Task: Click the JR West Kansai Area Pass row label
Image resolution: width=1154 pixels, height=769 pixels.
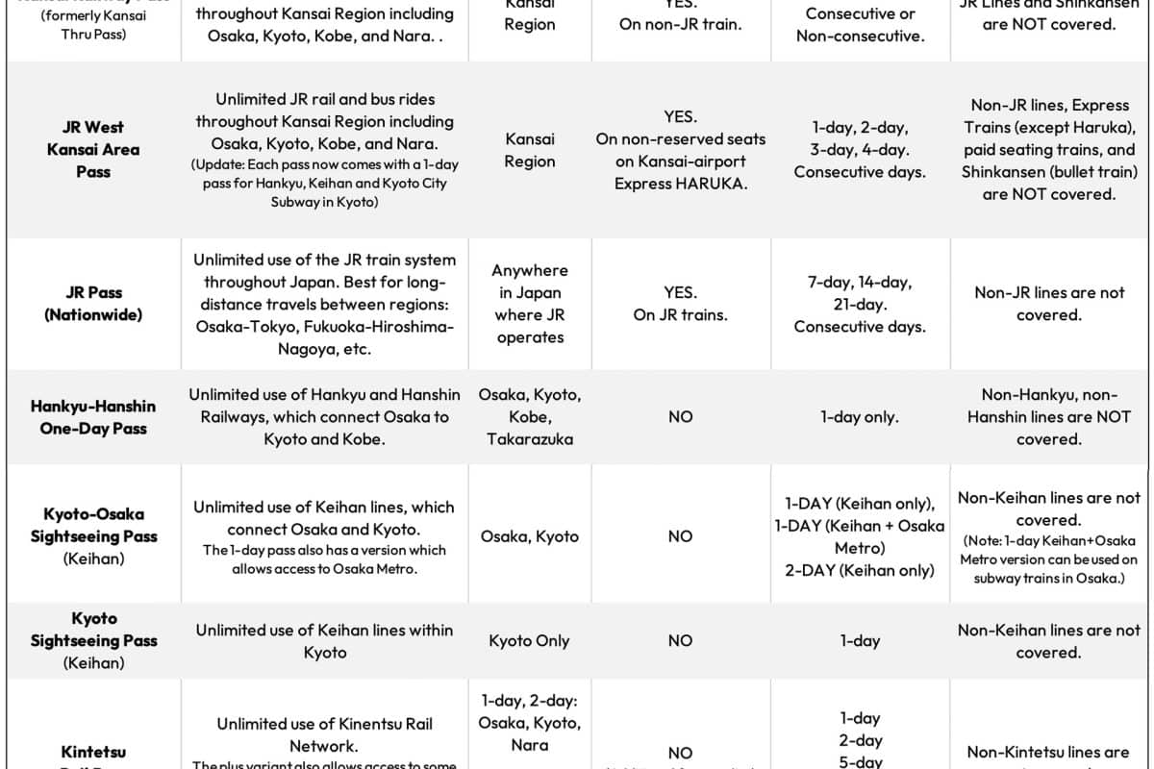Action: click(x=93, y=150)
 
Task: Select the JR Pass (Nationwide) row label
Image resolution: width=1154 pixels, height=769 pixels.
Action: click(x=93, y=304)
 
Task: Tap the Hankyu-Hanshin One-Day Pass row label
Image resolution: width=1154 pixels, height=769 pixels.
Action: click(x=93, y=417)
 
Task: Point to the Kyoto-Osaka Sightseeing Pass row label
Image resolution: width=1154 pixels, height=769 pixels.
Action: click(x=93, y=535)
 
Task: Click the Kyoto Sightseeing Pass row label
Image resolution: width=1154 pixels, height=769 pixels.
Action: click(x=93, y=640)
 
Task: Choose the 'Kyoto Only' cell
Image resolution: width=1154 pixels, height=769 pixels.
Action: click(x=529, y=641)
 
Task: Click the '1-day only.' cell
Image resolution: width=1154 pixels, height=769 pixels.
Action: click(x=860, y=417)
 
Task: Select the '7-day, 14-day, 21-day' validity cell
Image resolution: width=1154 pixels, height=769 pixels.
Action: click(x=860, y=305)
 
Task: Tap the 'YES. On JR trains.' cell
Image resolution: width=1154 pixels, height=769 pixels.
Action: click(x=680, y=304)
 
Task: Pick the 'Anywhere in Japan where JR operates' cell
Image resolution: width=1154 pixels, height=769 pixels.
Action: click(x=529, y=304)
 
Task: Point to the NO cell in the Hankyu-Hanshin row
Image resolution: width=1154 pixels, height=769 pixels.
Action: click(x=680, y=417)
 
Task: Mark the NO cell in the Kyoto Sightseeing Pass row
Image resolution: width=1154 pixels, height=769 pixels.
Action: click(x=680, y=641)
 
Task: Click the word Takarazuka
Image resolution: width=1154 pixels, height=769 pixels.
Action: click(x=529, y=439)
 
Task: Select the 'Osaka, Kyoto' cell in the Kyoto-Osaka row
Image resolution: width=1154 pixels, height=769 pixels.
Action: click(x=529, y=536)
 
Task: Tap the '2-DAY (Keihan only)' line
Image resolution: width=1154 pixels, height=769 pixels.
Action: click(x=860, y=570)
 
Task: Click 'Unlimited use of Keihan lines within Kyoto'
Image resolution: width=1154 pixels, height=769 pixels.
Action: click(x=325, y=641)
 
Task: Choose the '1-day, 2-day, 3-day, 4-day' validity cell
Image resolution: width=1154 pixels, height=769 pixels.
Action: click(x=860, y=150)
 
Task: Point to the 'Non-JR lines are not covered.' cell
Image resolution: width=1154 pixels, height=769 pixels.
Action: click(x=1049, y=304)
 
